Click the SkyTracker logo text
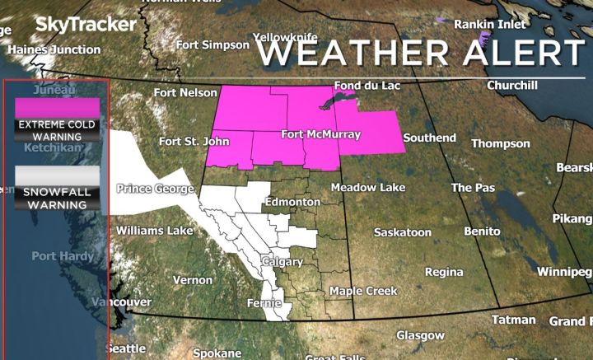[x=85, y=25]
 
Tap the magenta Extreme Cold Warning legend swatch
[x=57, y=108]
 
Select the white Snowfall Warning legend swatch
[x=57, y=175]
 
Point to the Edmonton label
[x=292, y=202]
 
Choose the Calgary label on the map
[x=282, y=262]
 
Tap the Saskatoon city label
[x=402, y=232]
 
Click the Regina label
[x=444, y=272]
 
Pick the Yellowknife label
[x=285, y=38]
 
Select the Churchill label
[x=511, y=85]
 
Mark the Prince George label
[x=156, y=189]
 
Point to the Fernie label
[x=265, y=304]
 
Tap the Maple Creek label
[x=363, y=291]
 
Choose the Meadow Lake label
[x=368, y=188]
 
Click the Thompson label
[x=500, y=143]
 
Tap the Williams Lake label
[x=154, y=231]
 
